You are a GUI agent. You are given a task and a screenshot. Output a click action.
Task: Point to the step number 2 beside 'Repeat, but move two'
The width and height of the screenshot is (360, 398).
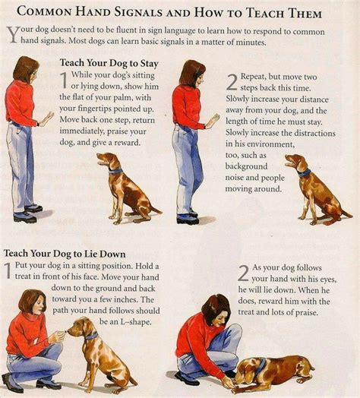232,83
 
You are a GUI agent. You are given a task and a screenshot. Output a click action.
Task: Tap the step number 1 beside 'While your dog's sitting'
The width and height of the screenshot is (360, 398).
65,82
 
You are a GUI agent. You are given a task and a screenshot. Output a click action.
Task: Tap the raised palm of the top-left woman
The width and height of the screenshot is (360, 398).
50,118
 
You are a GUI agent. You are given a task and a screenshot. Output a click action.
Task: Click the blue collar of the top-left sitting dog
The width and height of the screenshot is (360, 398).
115,170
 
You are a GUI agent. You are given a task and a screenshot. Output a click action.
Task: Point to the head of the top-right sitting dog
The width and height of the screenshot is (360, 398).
295,162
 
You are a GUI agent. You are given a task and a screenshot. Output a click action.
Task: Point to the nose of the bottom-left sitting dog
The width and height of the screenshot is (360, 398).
68,329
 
